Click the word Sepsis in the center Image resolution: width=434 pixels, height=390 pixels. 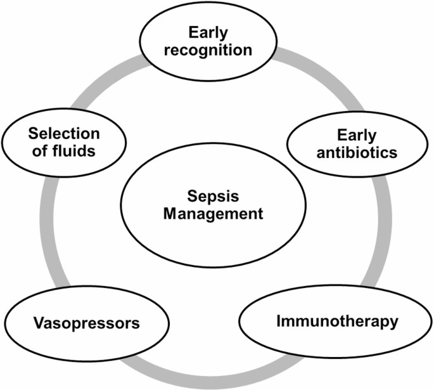(x=212, y=196)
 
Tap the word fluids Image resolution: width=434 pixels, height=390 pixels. (x=80, y=152)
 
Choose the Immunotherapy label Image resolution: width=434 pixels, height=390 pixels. (x=337, y=320)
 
